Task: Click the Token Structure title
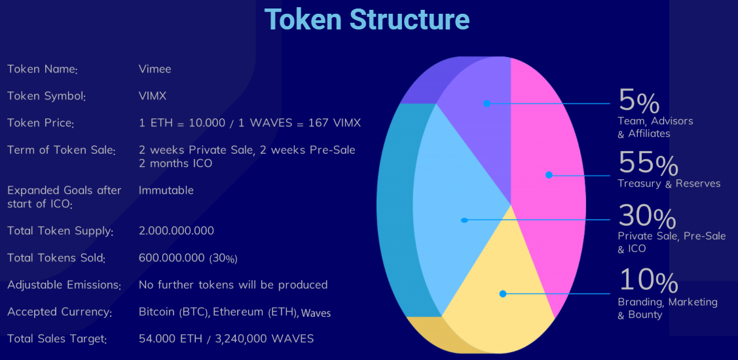367,19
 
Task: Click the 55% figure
648,163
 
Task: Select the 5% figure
638,101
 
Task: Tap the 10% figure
648,280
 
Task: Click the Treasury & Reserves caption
669,183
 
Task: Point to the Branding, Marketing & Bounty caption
667,308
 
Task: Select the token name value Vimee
155,69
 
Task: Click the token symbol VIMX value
153,96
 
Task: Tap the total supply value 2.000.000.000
177,231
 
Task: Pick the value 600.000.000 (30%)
189,259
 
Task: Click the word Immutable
166,190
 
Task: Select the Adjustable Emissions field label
64,285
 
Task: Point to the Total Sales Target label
57,339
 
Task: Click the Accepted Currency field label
60,312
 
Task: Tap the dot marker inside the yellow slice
503,294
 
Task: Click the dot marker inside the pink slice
549,175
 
